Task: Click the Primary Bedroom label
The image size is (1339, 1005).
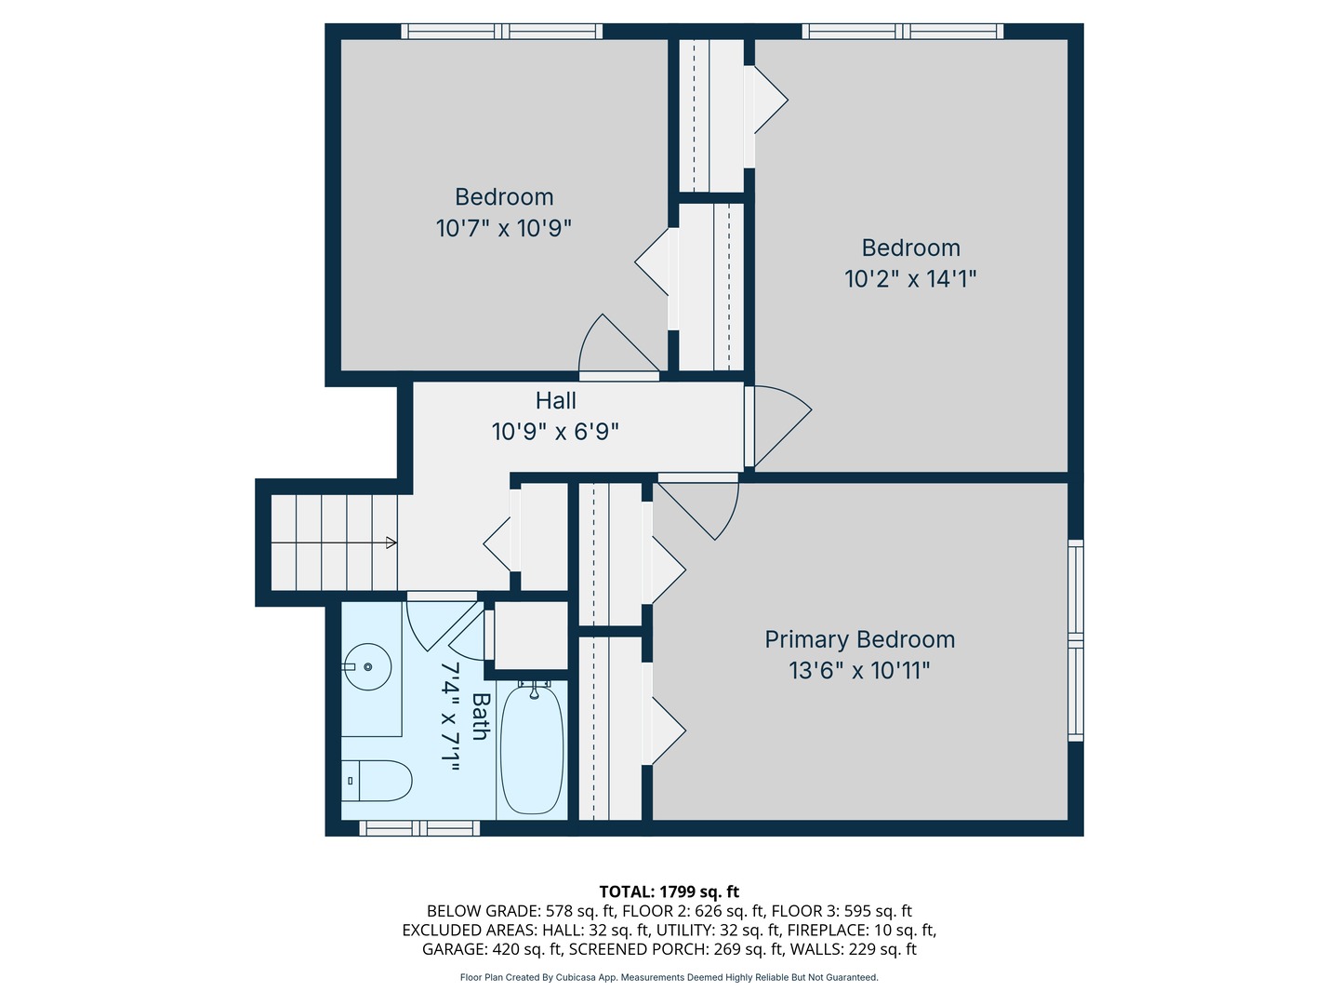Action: pos(859,639)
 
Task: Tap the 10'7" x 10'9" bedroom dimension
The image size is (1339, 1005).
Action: pos(503,228)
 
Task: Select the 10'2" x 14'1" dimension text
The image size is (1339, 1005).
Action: pos(910,279)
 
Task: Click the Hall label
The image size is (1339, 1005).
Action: pos(555,401)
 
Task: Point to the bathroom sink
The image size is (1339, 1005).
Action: pos(367,667)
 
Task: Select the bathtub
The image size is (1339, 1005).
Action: pos(532,749)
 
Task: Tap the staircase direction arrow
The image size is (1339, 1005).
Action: pos(391,543)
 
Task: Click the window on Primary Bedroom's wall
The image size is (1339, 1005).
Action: pos(1075,640)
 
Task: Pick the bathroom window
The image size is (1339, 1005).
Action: pos(419,827)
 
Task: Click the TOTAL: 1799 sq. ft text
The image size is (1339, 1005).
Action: pos(669,891)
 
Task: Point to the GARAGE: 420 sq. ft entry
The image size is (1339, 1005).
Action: pos(492,949)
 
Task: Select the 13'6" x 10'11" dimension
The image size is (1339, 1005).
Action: pos(859,671)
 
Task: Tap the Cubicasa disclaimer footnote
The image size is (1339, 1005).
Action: pos(669,977)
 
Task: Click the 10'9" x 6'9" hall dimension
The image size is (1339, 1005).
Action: pos(555,432)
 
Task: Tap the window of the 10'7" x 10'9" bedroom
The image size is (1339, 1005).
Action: pos(501,32)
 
